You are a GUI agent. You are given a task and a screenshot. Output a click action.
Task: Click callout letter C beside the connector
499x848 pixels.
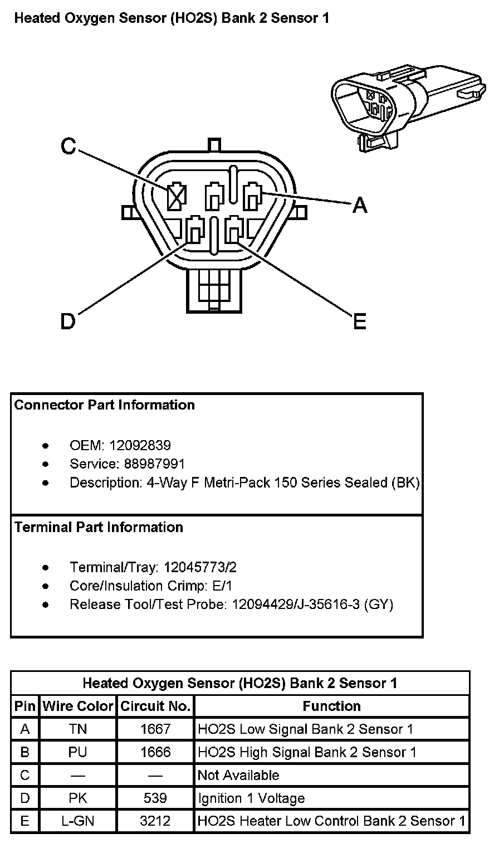coord(68,146)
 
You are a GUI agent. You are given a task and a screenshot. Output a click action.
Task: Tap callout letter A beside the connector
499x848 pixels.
coord(360,206)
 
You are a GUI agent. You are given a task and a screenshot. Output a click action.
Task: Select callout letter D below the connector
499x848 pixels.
coord(67,321)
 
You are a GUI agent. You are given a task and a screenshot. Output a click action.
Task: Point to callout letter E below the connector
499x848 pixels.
coord(360,321)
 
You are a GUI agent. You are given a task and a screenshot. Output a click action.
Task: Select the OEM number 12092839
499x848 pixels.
coord(140,445)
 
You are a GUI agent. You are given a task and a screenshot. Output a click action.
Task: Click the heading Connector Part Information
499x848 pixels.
coord(105,405)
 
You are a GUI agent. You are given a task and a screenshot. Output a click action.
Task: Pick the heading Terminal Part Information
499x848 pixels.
coord(99,527)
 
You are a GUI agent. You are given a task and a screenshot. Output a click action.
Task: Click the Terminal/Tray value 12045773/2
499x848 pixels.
coord(198,567)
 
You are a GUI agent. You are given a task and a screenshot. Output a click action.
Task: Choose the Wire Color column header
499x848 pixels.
coord(78,706)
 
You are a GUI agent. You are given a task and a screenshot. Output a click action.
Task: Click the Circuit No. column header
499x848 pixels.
coord(155,706)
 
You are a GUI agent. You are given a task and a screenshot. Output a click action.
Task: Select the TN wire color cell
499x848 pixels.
coord(78,729)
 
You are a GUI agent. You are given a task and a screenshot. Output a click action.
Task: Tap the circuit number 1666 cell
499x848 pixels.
coord(155,752)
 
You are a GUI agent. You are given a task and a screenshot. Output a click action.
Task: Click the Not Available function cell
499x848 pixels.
coord(239,775)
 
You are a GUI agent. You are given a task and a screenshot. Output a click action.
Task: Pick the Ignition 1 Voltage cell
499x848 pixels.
coord(252,798)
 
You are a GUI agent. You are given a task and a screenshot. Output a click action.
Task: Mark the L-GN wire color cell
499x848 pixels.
coord(78,821)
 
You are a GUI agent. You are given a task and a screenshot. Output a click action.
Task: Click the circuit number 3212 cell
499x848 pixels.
coord(155,821)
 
